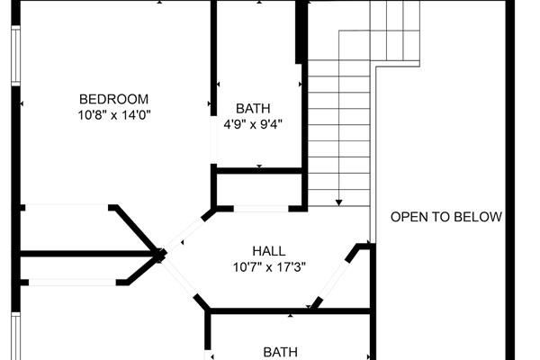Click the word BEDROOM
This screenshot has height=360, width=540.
pyautogui.click(x=113, y=99)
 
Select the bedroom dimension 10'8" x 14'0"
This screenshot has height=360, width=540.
pyautogui.click(x=113, y=115)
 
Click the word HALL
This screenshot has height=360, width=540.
pyautogui.click(x=269, y=250)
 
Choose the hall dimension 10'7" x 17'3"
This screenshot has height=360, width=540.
pyautogui.click(x=269, y=266)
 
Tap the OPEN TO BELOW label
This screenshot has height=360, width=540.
pyautogui.click(x=445, y=217)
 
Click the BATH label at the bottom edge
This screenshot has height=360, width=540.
pyautogui.click(x=280, y=352)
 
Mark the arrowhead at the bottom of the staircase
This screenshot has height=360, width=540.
pyautogui.click(x=339, y=202)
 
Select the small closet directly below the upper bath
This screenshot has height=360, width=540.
pyautogui.click(x=259, y=189)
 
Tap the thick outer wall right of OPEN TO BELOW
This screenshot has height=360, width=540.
pyautogui.click(x=510, y=180)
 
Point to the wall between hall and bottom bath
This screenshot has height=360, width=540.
pyautogui.click(x=288, y=311)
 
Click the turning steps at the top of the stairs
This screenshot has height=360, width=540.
pyautogui.click(x=395, y=31)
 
